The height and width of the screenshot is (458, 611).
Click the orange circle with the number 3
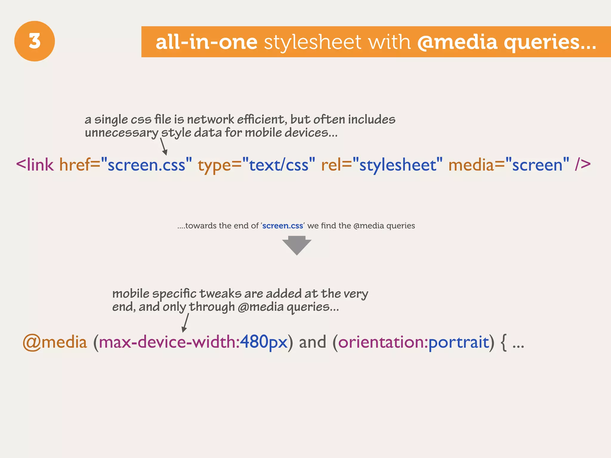(35, 41)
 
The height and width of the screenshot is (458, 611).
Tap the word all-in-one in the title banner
(206, 42)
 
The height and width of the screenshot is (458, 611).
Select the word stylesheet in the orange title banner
(313, 42)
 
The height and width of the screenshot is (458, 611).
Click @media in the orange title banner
(457, 42)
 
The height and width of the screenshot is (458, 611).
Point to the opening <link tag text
(35, 165)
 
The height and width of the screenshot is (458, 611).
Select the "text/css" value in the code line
(279, 165)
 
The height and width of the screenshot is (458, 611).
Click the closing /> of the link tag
(583, 165)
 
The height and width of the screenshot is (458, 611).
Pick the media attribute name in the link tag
(471, 165)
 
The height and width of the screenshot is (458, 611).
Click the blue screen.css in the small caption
(283, 226)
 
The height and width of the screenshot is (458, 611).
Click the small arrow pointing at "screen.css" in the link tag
(163, 147)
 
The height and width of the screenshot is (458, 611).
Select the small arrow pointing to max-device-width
(186, 323)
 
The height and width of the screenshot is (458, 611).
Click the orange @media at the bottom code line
(55, 342)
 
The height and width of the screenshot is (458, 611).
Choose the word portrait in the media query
(459, 342)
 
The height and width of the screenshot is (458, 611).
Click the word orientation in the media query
(383, 342)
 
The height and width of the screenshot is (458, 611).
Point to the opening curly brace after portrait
(503, 342)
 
